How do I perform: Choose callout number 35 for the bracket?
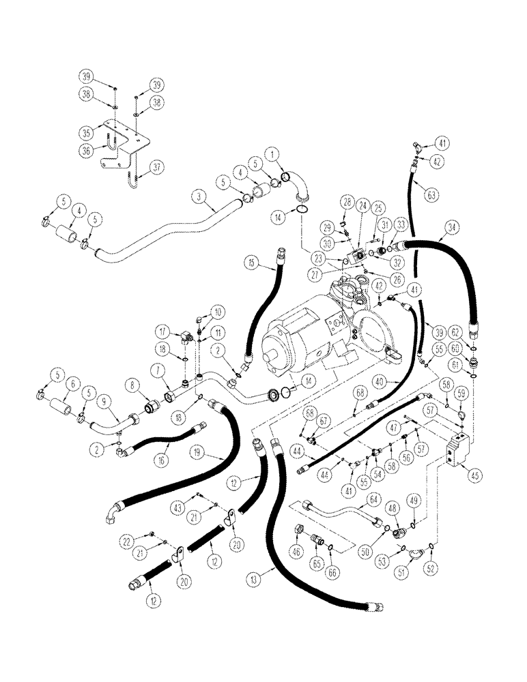105,132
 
